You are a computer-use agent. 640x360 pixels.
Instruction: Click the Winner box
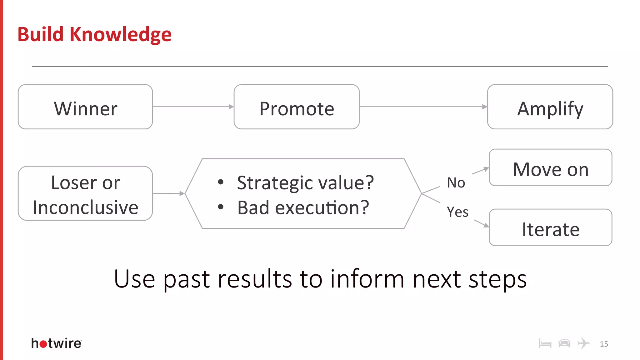click(x=85, y=107)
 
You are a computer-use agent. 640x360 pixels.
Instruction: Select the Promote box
click(x=297, y=107)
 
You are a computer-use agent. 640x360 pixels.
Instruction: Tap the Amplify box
click(x=550, y=107)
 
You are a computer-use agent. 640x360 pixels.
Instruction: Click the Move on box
click(x=550, y=168)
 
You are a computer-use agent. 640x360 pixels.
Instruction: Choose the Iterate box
click(x=550, y=228)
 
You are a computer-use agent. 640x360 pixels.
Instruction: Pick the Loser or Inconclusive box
click(x=85, y=193)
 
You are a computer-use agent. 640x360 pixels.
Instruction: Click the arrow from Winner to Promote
click(x=193, y=107)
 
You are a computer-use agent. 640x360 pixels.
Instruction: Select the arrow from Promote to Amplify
click(x=423, y=107)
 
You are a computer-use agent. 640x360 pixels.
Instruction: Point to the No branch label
click(x=456, y=183)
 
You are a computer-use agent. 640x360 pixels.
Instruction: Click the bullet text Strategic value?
click(x=305, y=182)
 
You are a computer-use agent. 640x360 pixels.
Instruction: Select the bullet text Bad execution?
click(x=303, y=208)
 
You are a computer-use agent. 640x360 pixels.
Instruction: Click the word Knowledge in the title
click(x=120, y=34)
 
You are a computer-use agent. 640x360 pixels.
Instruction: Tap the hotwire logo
click(x=57, y=343)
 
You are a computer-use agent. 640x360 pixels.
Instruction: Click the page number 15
click(x=604, y=344)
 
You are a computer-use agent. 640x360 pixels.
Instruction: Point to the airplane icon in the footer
click(x=583, y=343)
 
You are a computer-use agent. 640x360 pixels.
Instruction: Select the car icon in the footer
click(x=564, y=343)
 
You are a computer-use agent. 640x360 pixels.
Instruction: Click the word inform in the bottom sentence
click(x=367, y=279)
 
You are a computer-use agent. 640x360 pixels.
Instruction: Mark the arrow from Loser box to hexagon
click(x=169, y=193)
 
